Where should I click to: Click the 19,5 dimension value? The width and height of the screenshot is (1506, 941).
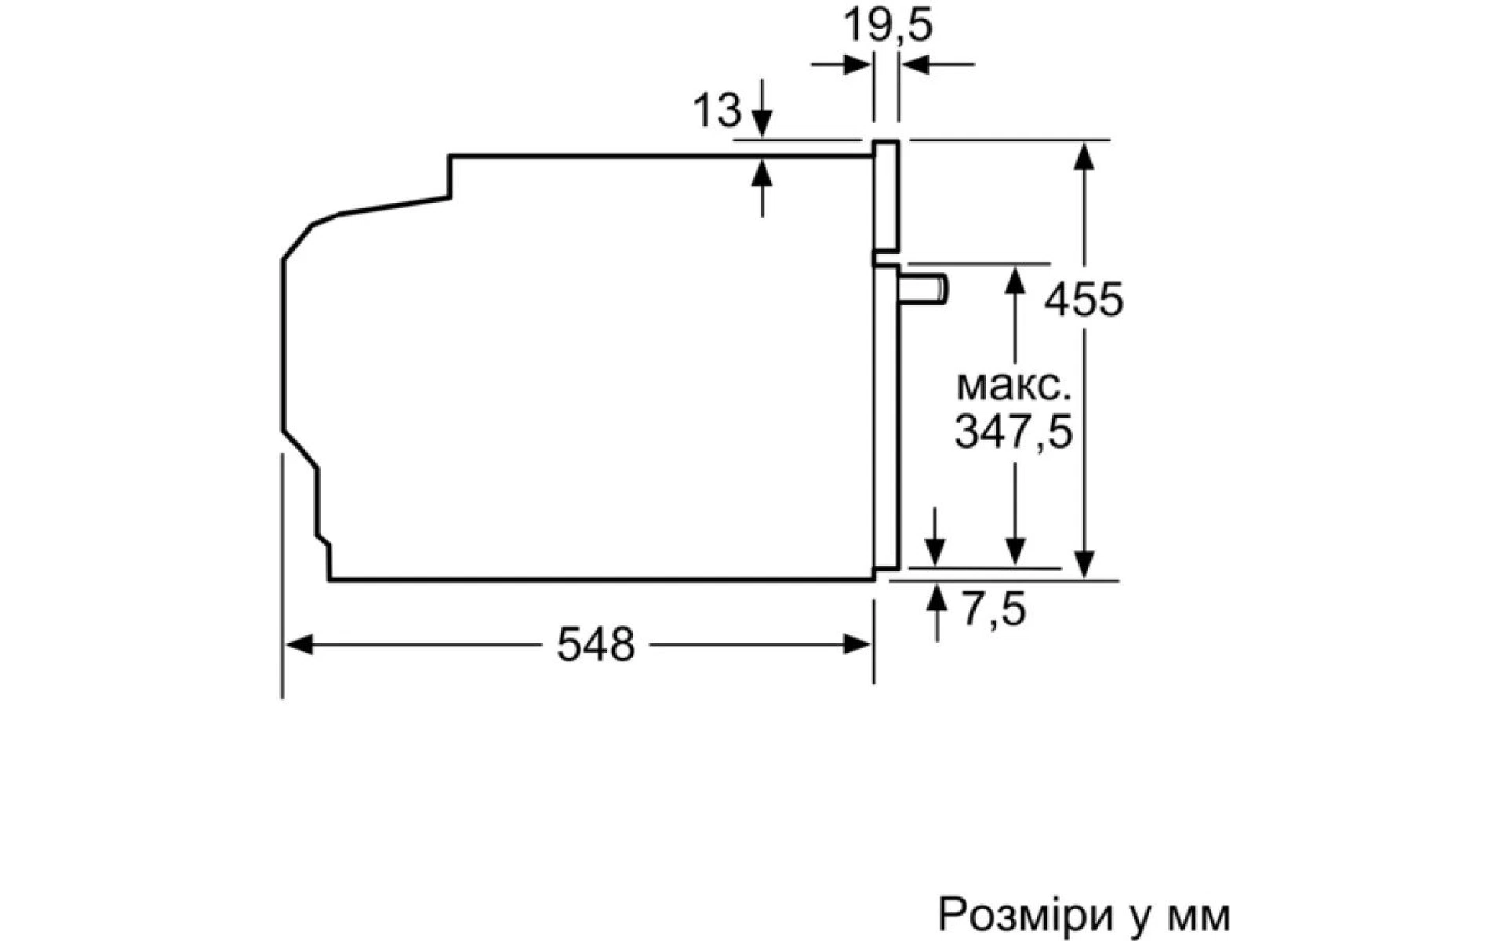pos(888,25)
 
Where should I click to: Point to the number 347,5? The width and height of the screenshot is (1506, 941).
pos(1013,432)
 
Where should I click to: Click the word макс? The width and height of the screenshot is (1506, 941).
pos(1013,387)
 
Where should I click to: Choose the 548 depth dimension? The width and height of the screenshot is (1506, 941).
pos(595,645)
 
